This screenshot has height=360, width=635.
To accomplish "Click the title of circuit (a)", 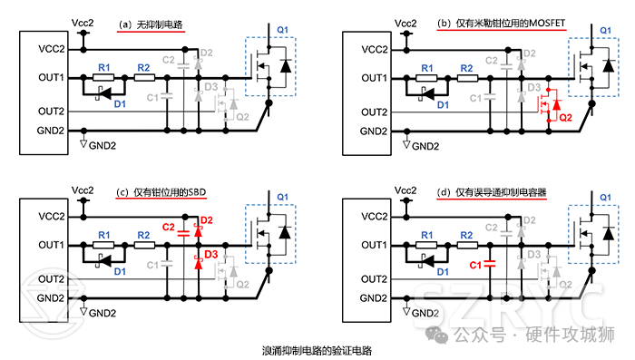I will [151, 26].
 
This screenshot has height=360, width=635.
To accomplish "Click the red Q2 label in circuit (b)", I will [565, 117].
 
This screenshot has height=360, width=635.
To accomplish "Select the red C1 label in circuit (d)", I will [475, 265].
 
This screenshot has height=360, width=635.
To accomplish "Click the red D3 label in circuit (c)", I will [210, 255].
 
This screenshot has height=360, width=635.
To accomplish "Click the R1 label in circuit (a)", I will [103, 67].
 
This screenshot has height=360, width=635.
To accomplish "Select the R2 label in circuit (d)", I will [465, 235].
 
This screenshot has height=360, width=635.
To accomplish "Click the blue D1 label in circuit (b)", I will [442, 105].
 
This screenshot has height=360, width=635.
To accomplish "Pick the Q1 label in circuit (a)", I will [282, 30].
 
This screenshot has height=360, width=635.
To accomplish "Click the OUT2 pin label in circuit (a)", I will [52, 112].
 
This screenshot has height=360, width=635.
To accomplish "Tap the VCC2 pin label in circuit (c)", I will [52, 217].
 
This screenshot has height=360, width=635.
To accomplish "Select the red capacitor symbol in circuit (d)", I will [490, 265].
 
